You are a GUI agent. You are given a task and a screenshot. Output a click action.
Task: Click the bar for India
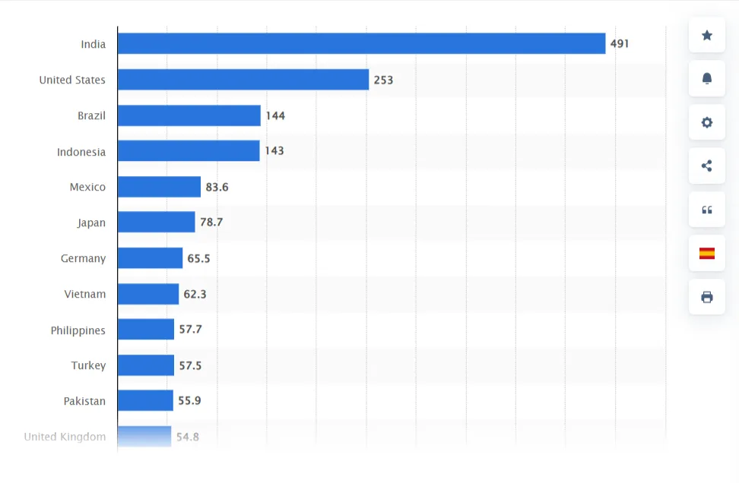tap(361, 44)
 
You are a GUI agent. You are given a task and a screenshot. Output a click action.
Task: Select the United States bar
tap(243, 80)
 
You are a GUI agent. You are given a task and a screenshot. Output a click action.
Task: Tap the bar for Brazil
tap(189, 115)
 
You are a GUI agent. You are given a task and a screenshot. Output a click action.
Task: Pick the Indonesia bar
tap(189, 151)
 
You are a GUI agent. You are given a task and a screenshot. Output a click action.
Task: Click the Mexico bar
tap(159, 187)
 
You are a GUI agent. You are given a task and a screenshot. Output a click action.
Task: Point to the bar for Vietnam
tap(148, 294)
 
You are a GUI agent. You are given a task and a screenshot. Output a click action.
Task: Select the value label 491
tap(620, 44)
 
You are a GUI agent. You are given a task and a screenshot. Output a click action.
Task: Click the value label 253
tap(383, 80)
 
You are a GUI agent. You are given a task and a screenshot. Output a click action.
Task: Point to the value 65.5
tap(198, 258)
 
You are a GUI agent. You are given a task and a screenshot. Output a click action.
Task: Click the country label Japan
tap(91, 223)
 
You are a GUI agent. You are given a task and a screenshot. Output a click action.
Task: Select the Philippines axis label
tap(78, 330)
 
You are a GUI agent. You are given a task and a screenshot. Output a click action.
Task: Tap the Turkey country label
tap(88, 365)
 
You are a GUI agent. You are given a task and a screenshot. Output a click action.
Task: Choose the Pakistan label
tap(84, 401)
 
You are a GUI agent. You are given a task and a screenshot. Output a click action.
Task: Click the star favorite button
tap(707, 35)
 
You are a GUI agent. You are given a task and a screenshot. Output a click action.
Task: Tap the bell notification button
tap(707, 78)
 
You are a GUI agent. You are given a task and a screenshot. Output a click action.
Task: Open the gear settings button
tap(707, 122)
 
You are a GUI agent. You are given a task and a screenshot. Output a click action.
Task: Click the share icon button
tap(707, 166)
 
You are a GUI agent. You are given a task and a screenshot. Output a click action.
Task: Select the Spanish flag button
tap(707, 254)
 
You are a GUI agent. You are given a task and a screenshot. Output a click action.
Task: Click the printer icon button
tap(707, 297)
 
